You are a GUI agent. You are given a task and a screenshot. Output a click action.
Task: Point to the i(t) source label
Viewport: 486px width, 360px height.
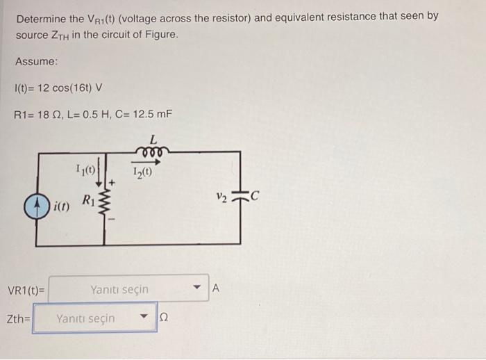60,206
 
